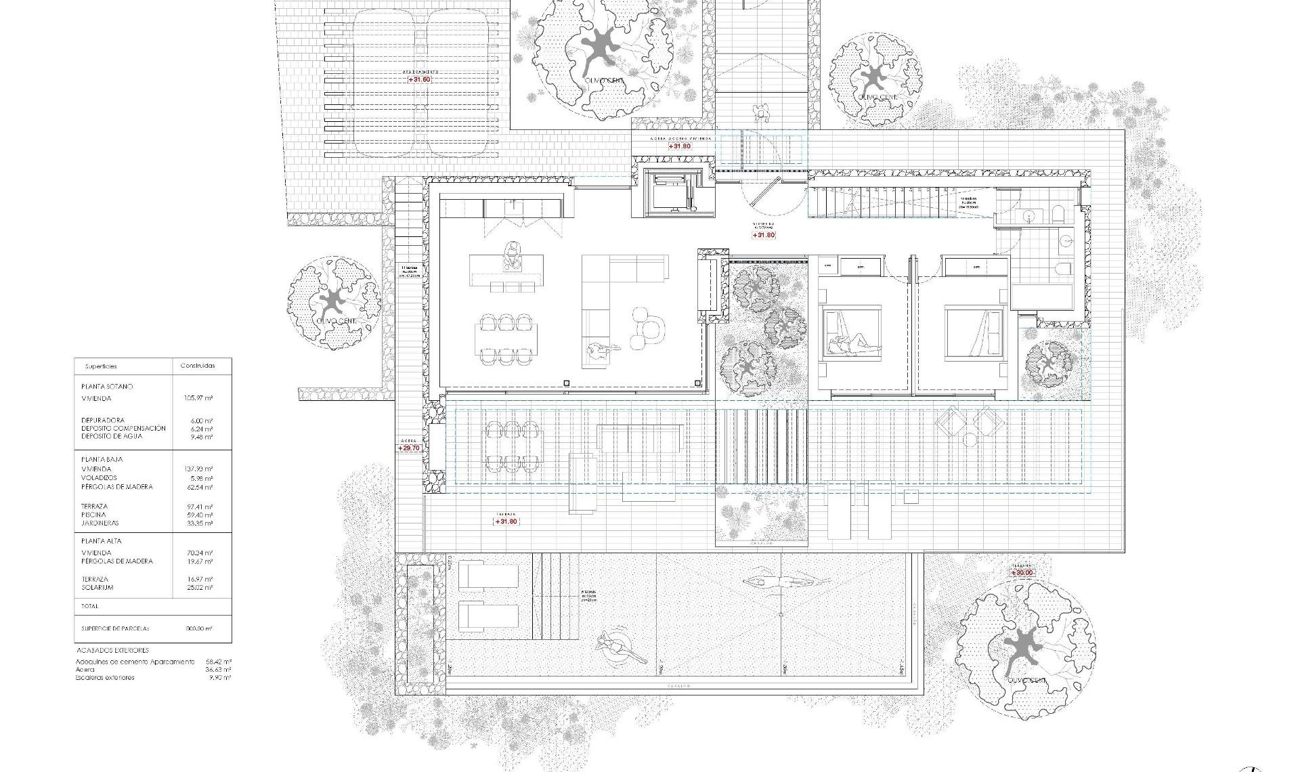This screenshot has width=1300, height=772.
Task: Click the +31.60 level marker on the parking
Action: [419, 80]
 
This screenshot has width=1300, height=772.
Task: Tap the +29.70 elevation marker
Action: [409, 448]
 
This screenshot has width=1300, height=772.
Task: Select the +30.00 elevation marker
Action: [1022, 573]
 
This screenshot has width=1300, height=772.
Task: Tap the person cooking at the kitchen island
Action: [511, 255]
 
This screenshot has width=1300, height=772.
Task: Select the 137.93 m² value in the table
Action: [198, 469]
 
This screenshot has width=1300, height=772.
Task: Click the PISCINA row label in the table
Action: [93, 515]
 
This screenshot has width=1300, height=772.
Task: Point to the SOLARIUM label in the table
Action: [97, 587]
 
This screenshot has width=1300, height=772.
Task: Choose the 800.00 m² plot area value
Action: [199, 628]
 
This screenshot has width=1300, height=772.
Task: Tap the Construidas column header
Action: [198, 366]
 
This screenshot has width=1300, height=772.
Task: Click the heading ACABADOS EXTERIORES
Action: [112, 651]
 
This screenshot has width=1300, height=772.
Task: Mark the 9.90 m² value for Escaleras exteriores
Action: [221, 678]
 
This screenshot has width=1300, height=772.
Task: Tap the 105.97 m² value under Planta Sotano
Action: [198, 398]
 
